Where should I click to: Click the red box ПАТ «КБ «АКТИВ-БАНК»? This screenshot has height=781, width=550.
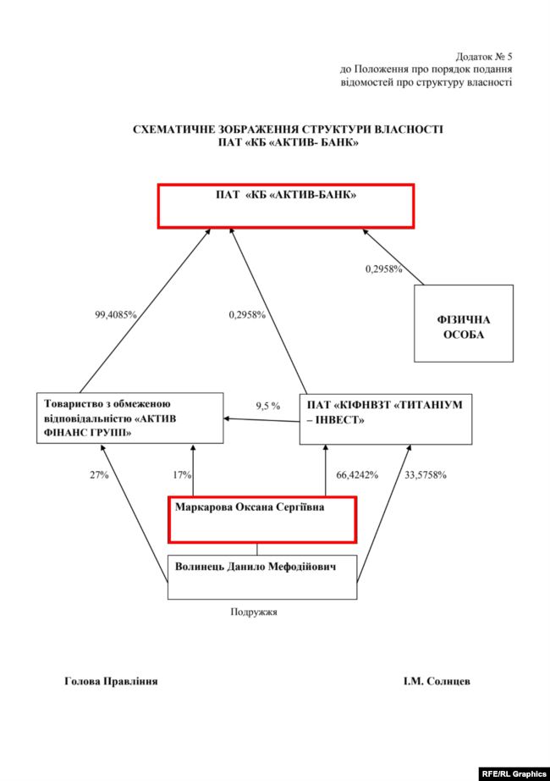pyautogui.click(x=286, y=206)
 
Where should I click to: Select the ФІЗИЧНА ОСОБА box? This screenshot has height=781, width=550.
pyautogui.click(x=463, y=324)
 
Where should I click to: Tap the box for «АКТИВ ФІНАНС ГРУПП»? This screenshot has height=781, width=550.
pyautogui.click(x=130, y=418)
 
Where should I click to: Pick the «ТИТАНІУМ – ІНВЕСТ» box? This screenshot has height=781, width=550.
pyautogui.click(x=386, y=418)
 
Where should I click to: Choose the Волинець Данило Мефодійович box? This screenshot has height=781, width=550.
pyautogui.click(x=263, y=577)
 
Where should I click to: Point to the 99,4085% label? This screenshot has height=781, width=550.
pyautogui.click(x=116, y=314)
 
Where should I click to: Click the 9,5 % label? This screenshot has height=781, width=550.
pyautogui.click(x=268, y=406)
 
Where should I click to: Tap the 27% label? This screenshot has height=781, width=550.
pyautogui.click(x=99, y=474)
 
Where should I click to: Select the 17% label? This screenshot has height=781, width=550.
pyautogui.click(x=182, y=474)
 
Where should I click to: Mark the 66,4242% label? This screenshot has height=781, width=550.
pyautogui.click(x=357, y=474)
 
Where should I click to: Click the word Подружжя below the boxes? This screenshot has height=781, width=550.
pyautogui.click(x=255, y=611)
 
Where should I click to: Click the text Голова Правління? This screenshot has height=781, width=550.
pyautogui.click(x=111, y=681)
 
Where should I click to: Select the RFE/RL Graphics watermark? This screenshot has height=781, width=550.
pyautogui.click(x=514, y=773)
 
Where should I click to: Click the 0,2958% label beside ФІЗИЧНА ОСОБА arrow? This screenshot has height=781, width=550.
pyautogui.click(x=383, y=269)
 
